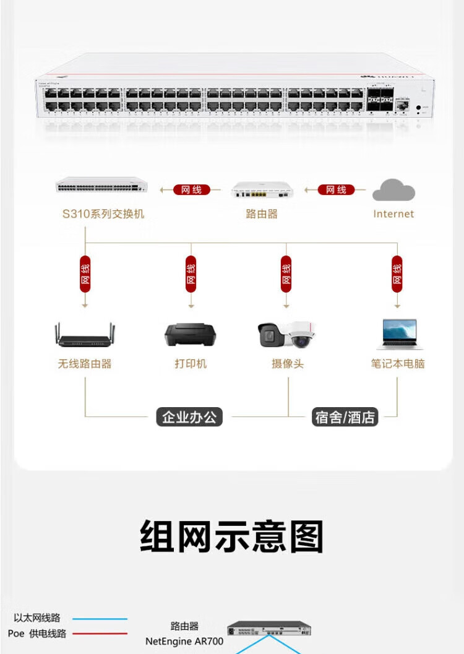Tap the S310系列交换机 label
(x=103, y=214)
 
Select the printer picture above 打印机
(x=190, y=335)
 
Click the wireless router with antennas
(x=85, y=335)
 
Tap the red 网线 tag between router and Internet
(x=336, y=190)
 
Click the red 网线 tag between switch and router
(x=191, y=190)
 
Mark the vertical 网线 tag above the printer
(x=191, y=273)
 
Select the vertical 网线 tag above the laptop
(x=397, y=273)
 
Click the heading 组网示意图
(x=232, y=536)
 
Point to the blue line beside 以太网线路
(x=99, y=618)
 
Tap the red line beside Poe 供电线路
(x=99, y=634)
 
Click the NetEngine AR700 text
(x=184, y=642)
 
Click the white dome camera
(x=303, y=334)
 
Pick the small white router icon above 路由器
(x=262, y=189)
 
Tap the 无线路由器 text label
(x=85, y=364)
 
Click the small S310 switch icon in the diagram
(x=101, y=185)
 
